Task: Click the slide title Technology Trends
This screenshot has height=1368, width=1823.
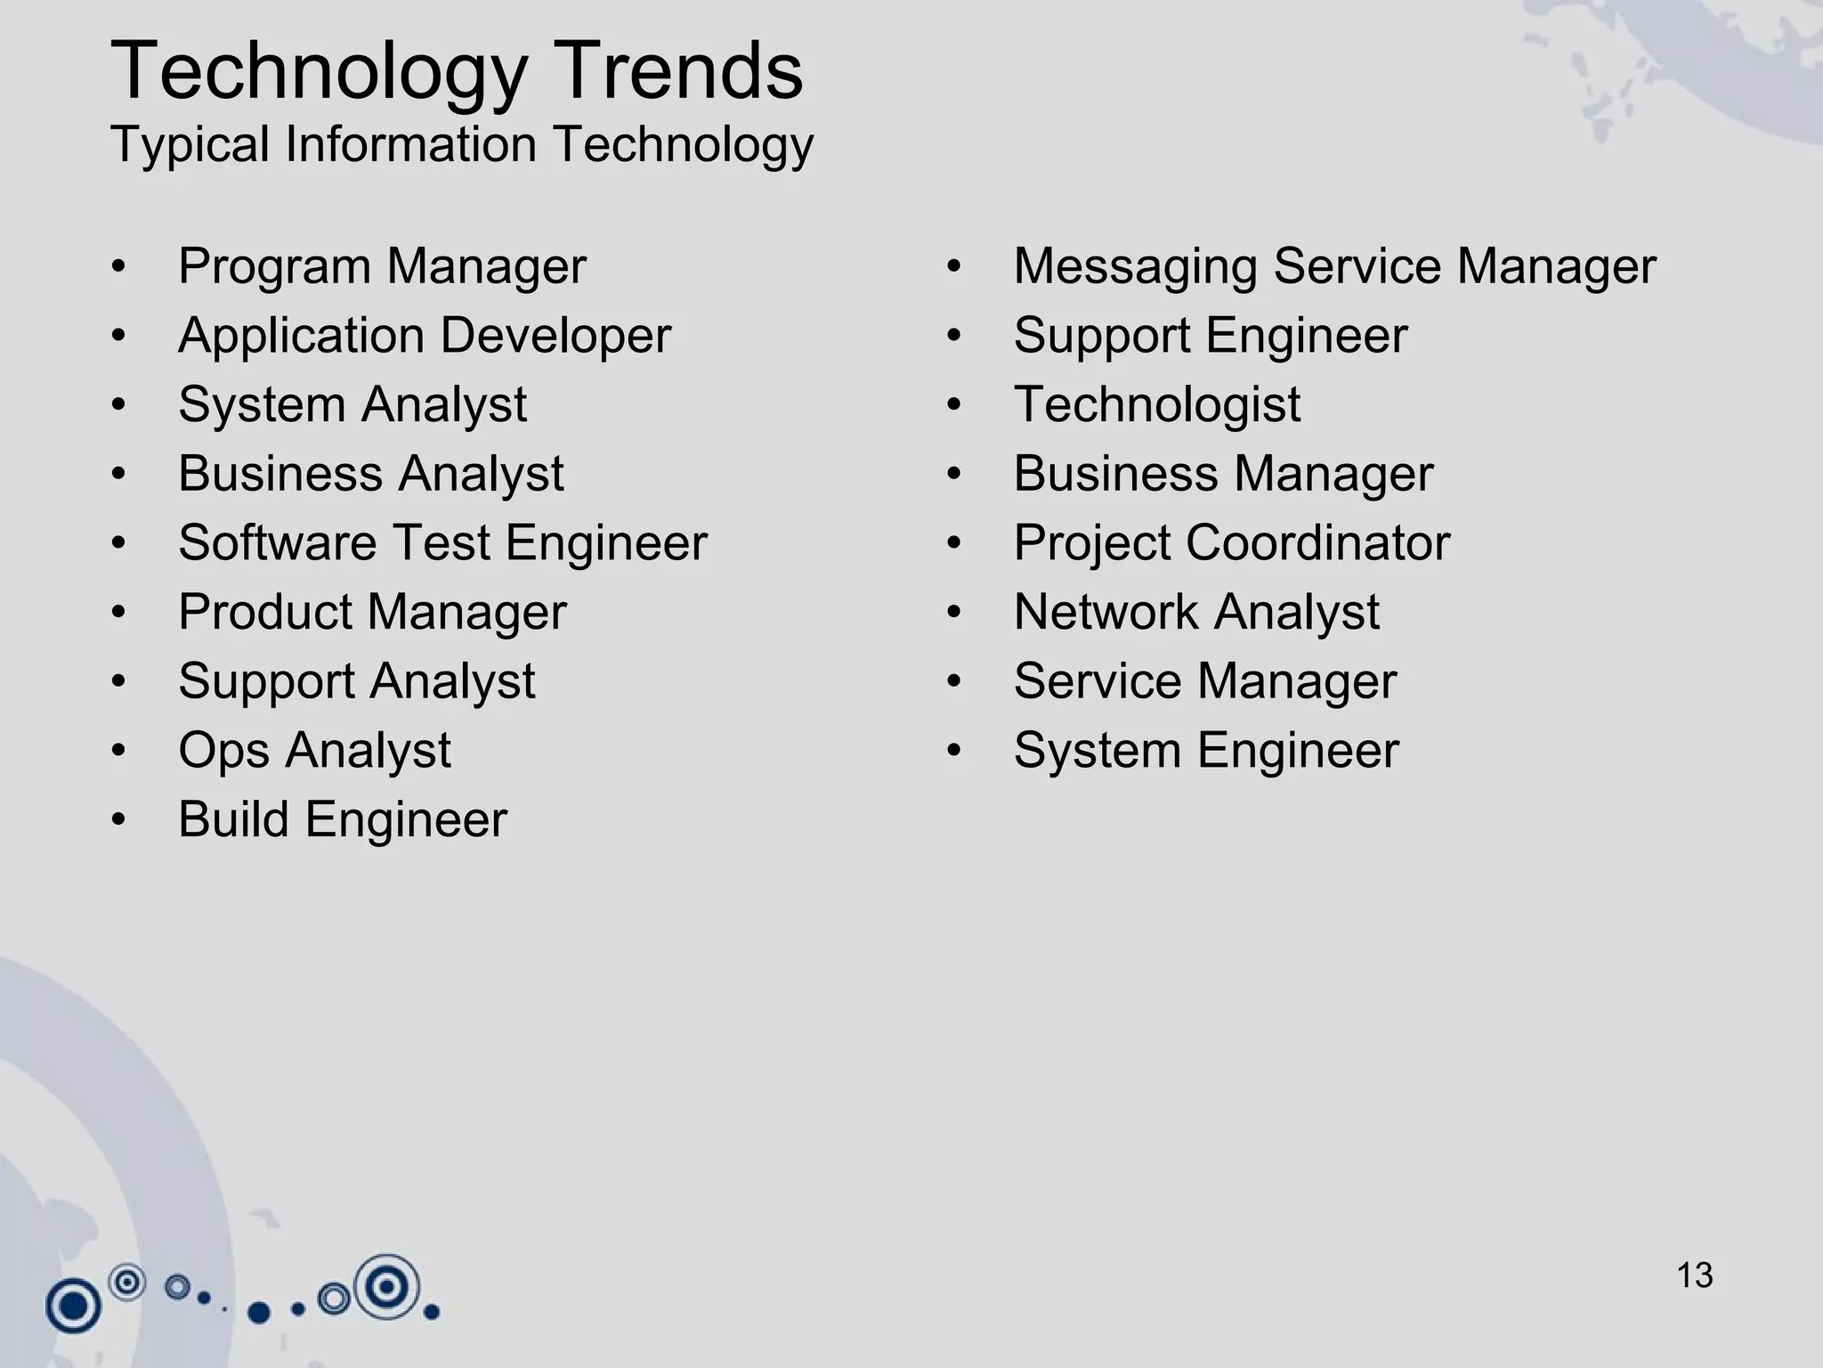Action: pyautogui.click(x=457, y=71)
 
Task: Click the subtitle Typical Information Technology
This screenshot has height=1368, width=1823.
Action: pyautogui.click(x=461, y=144)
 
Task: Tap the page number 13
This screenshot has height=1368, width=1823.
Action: pyautogui.click(x=1694, y=1275)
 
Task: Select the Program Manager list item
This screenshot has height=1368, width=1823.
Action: pyautogui.click(x=382, y=266)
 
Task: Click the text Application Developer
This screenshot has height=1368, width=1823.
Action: pyautogui.click(x=424, y=336)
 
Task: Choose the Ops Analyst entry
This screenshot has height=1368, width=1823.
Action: pyautogui.click(x=314, y=750)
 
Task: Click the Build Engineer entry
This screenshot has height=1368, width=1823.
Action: pyautogui.click(x=342, y=819)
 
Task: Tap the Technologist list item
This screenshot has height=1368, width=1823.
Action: pyautogui.click(x=1156, y=405)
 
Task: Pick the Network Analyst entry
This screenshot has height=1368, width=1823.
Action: pyautogui.click(x=1196, y=612)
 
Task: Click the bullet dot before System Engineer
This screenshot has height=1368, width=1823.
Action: pyautogui.click(x=954, y=751)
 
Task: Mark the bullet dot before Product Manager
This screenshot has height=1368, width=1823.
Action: pyautogui.click(x=119, y=613)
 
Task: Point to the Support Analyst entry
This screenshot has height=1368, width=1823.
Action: pyautogui.click(x=356, y=681)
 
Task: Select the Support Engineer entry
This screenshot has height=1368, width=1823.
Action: pyautogui.click(x=1210, y=336)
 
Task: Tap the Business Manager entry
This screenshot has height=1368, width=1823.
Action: pyautogui.click(x=1223, y=474)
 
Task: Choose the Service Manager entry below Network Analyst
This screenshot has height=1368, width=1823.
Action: pyautogui.click(x=1204, y=681)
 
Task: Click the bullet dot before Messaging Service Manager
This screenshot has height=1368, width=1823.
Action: pyautogui.click(x=954, y=267)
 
